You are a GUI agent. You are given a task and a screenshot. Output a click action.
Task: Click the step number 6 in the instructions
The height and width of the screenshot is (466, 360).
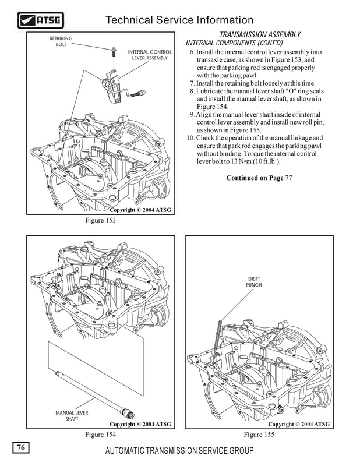192,53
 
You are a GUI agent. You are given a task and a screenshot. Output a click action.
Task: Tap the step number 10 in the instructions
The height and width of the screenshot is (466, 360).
190,137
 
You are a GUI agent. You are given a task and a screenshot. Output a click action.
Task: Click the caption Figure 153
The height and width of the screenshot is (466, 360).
98,221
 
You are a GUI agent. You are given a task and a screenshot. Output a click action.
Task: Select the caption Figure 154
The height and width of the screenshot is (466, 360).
98,435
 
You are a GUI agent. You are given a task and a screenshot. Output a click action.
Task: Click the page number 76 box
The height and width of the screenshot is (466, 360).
20,447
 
